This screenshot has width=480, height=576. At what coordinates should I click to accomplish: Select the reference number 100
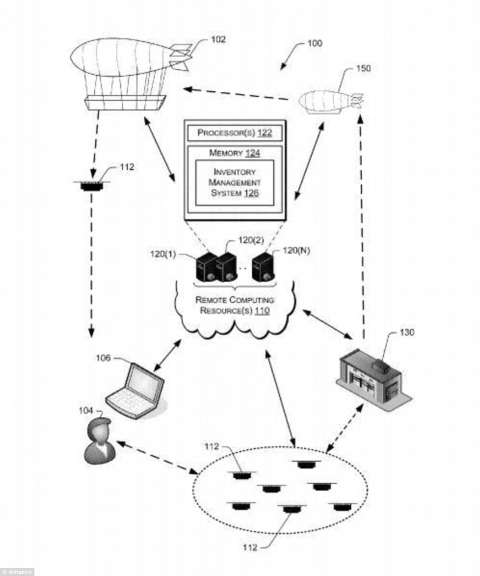click(x=314, y=43)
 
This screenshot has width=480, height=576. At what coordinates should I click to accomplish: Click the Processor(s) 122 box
click(x=235, y=133)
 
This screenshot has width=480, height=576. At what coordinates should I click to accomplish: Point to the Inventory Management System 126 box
click(x=235, y=183)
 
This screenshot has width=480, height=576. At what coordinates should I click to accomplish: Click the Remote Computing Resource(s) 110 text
click(x=235, y=305)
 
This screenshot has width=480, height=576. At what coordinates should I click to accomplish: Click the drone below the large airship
click(x=91, y=186)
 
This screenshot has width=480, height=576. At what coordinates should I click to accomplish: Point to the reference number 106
click(x=104, y=358)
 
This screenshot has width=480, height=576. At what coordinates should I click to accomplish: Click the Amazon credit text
click(x=17, y=572)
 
